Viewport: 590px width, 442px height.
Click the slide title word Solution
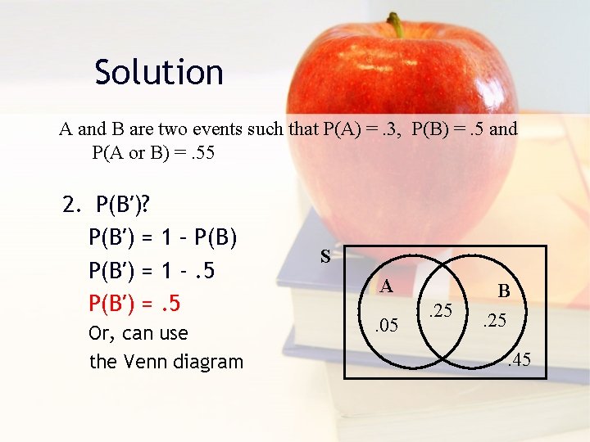coord(159,72)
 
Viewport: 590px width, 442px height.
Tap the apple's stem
coord(397,25)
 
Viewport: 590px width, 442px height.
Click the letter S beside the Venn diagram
coord(325,257)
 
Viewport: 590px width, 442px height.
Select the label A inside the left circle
coord(387,286)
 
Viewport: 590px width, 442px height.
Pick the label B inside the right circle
coord(504,291)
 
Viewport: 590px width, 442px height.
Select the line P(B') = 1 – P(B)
coord(163,237)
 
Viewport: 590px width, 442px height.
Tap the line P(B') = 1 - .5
coord(152,270)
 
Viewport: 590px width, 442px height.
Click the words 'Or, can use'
coord(138,333)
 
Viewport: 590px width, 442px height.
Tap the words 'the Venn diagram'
coord(166,361)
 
